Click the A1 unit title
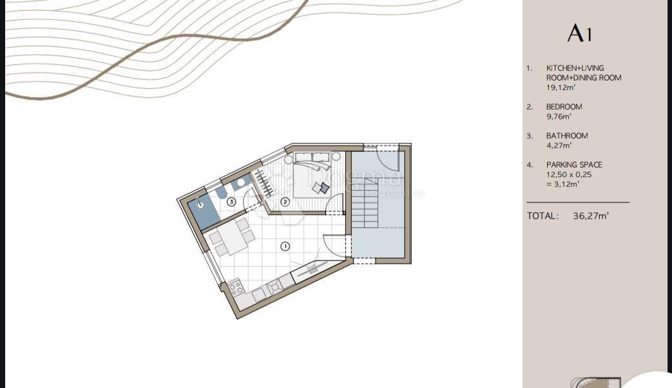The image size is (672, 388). (579, 34)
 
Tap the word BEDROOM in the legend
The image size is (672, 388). (564, 107)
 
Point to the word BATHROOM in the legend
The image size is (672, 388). (567, 136)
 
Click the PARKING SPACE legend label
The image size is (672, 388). (574, 165)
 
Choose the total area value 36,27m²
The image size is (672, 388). (591, 217)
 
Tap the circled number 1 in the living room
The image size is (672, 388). (285, 246)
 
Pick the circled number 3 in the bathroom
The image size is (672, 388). (231, 202)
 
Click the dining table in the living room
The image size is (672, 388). (230, 237)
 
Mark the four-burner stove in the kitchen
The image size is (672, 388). (236, 287)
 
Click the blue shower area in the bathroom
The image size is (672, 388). (204, 210)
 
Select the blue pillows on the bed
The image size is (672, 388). (322, 188)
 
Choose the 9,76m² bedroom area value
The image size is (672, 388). (559, 117)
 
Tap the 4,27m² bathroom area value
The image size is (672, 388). (558, 146)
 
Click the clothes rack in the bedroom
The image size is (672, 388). (264, 182)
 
